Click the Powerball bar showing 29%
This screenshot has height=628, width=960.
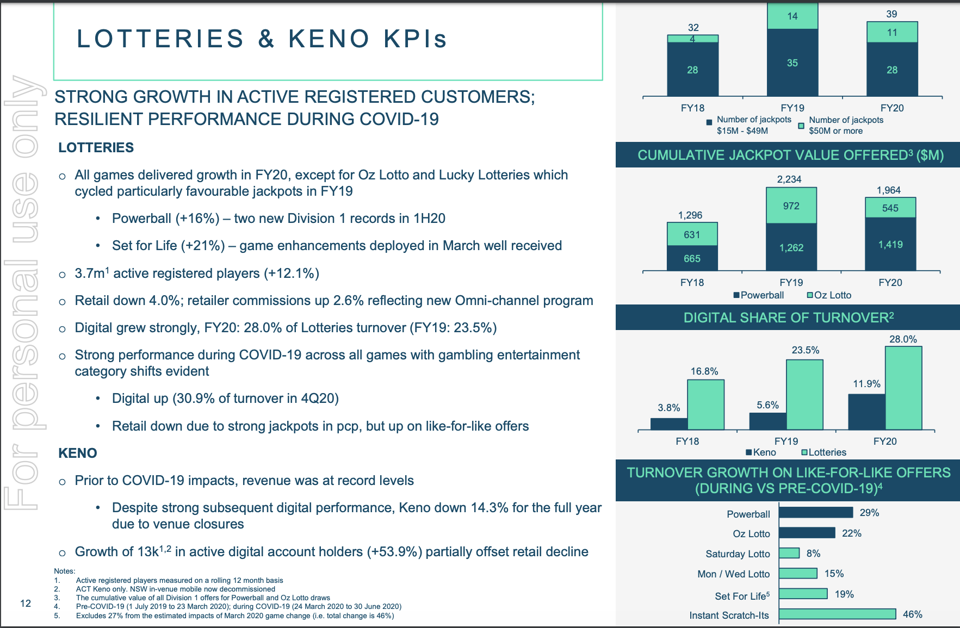816,512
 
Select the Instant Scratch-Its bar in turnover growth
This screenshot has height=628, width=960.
837,614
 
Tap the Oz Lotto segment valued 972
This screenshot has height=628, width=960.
791,206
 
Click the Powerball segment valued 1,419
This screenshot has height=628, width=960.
890,244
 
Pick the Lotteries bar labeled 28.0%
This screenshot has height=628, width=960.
903,388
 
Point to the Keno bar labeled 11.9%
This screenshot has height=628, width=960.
867,412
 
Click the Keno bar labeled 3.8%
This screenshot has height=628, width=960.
669,424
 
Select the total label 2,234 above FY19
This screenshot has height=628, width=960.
789,179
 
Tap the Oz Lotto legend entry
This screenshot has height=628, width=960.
829,295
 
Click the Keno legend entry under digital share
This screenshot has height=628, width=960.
761,452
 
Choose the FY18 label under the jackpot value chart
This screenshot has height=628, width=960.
692,283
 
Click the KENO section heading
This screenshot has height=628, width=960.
78,453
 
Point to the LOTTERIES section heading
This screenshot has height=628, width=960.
96,147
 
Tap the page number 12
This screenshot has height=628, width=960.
26,603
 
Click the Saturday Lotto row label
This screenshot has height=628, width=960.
738,554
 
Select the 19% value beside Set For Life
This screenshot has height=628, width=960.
844,594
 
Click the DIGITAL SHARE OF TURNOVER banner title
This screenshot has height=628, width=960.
789,318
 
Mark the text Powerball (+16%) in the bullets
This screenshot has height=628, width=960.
166,219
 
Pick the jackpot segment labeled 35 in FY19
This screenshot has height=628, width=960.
792,63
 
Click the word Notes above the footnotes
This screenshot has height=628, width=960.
64,571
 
